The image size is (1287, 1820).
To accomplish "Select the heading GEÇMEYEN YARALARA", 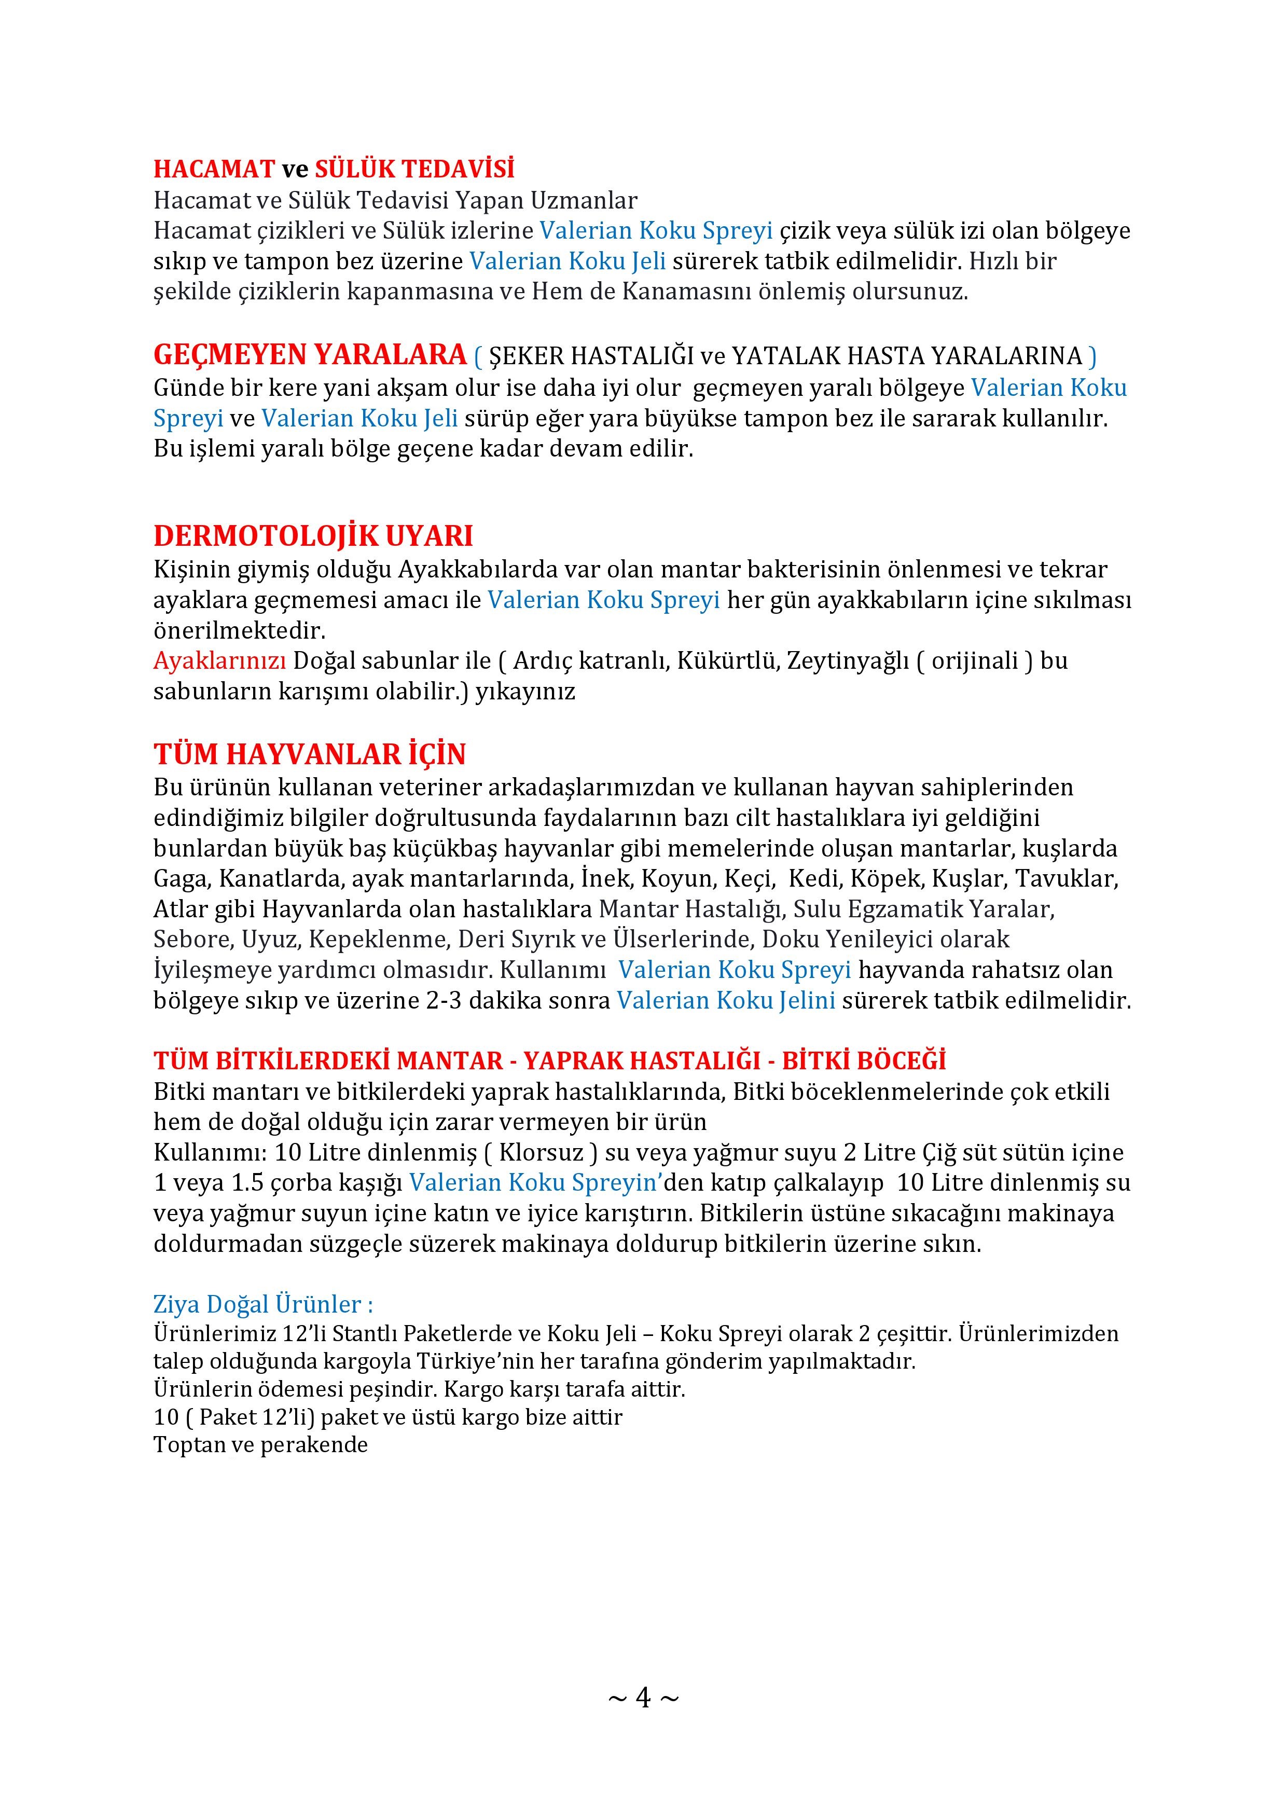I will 310,355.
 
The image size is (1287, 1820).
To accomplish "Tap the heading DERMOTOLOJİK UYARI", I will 313,536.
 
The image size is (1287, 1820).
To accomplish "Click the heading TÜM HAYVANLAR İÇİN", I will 309,754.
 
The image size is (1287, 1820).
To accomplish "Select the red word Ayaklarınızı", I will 219,661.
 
